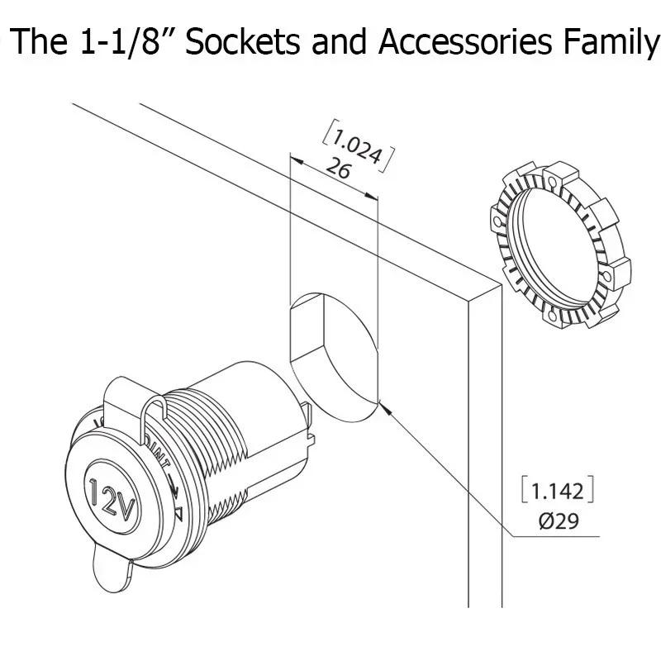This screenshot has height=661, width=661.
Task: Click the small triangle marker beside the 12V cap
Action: pyautogui.click(x=178, y=515)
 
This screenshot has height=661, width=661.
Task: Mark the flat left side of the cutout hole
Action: pyautogui.click(x=291, y=330)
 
